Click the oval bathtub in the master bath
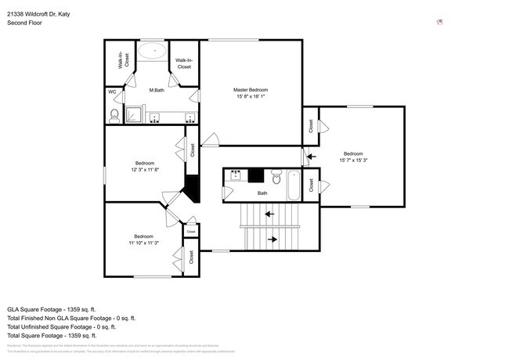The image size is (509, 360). (x=153, y=53)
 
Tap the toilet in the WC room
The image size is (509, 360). (x=114, y=117)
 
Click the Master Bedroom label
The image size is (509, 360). (x=250, y=90)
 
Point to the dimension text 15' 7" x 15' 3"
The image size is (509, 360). (x=353, y=160)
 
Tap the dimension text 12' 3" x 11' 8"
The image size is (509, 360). (x=145, y=170)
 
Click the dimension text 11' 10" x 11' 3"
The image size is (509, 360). (x=143, y=243)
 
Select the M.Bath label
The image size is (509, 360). (x=157, y=91)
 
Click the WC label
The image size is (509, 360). (x=111, y=92)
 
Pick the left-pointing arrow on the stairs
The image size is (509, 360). (x=269, y=213)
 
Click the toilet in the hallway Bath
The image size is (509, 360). (x=276, y=175)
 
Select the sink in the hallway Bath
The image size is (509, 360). (x=235, y=176)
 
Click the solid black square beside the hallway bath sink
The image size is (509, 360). (x=255, y=175)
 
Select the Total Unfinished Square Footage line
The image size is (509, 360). (x=71, y=327)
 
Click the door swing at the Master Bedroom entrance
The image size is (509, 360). (x=208, y=140)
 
